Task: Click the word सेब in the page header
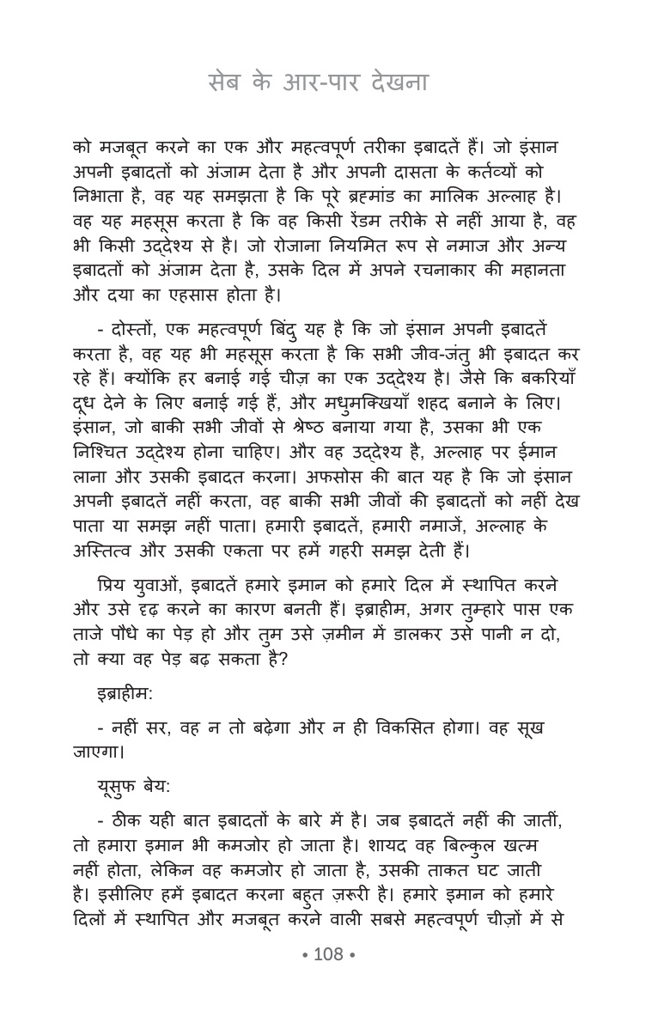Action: tap(227, 83)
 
